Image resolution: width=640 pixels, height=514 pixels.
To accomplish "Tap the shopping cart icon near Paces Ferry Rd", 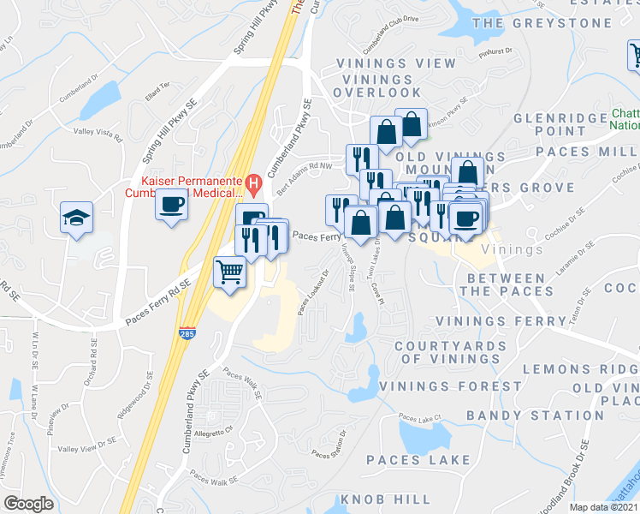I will [x=229, y=273].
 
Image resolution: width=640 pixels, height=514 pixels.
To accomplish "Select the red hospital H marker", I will [x=252, y=182].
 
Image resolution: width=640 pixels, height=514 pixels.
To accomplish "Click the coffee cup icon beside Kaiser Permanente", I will [x=171, y=205].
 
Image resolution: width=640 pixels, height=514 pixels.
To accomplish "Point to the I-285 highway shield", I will [x=186, y=333].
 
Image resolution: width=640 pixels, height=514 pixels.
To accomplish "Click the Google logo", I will [x=27, y=504].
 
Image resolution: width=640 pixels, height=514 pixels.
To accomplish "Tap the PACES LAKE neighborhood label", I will [x=418, y=460].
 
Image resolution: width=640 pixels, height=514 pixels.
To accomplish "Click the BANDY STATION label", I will [x=524, y=415].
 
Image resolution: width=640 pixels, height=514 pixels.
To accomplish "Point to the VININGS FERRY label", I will [x=500, y=320].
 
